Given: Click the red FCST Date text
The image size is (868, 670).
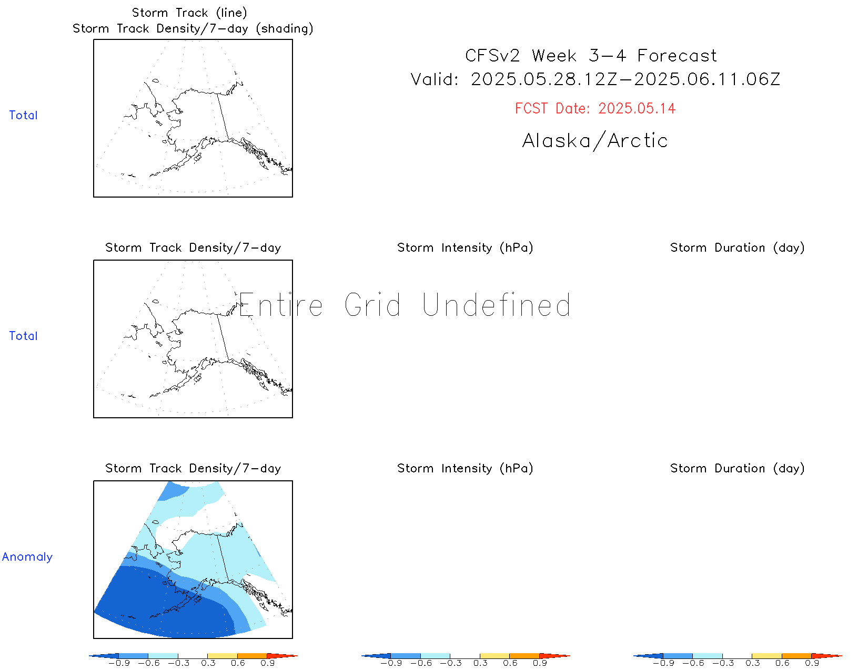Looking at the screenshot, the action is (595, 109).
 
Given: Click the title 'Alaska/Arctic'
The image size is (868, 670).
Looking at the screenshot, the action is (595, 141).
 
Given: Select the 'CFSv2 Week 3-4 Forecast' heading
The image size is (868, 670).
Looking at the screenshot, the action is (591, 56).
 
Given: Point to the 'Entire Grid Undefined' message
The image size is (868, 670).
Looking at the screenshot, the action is (405, 305).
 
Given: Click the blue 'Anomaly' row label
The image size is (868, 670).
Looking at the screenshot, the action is (27, 556).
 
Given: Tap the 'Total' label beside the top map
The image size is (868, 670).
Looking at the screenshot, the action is (23, 115).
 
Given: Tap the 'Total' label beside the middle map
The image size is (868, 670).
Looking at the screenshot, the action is (23, 336).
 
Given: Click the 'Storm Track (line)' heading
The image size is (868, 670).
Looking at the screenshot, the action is (190, 13).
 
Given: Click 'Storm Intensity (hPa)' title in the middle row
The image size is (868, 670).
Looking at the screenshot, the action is (465, 248).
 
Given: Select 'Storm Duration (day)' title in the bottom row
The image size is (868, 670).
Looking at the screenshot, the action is (738, 469).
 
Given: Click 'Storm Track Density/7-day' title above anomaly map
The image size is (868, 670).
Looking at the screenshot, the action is (193, 469).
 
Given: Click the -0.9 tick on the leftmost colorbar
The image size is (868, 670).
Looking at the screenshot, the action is (119, 663).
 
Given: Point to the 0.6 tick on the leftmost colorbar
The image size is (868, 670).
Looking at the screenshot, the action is (238, 663).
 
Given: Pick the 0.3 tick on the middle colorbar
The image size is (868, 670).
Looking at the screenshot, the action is (480, 663).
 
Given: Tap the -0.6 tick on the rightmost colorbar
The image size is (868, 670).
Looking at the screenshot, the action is (693, 663).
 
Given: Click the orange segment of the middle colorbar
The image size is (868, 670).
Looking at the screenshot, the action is (524, 656).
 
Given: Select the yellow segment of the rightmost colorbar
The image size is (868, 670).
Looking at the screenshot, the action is (767, 656).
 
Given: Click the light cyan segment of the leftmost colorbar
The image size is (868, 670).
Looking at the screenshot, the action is (163, 656).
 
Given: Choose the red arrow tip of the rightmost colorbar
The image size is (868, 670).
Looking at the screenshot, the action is (842, 656).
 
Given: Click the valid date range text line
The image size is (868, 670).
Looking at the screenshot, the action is (595, 79).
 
